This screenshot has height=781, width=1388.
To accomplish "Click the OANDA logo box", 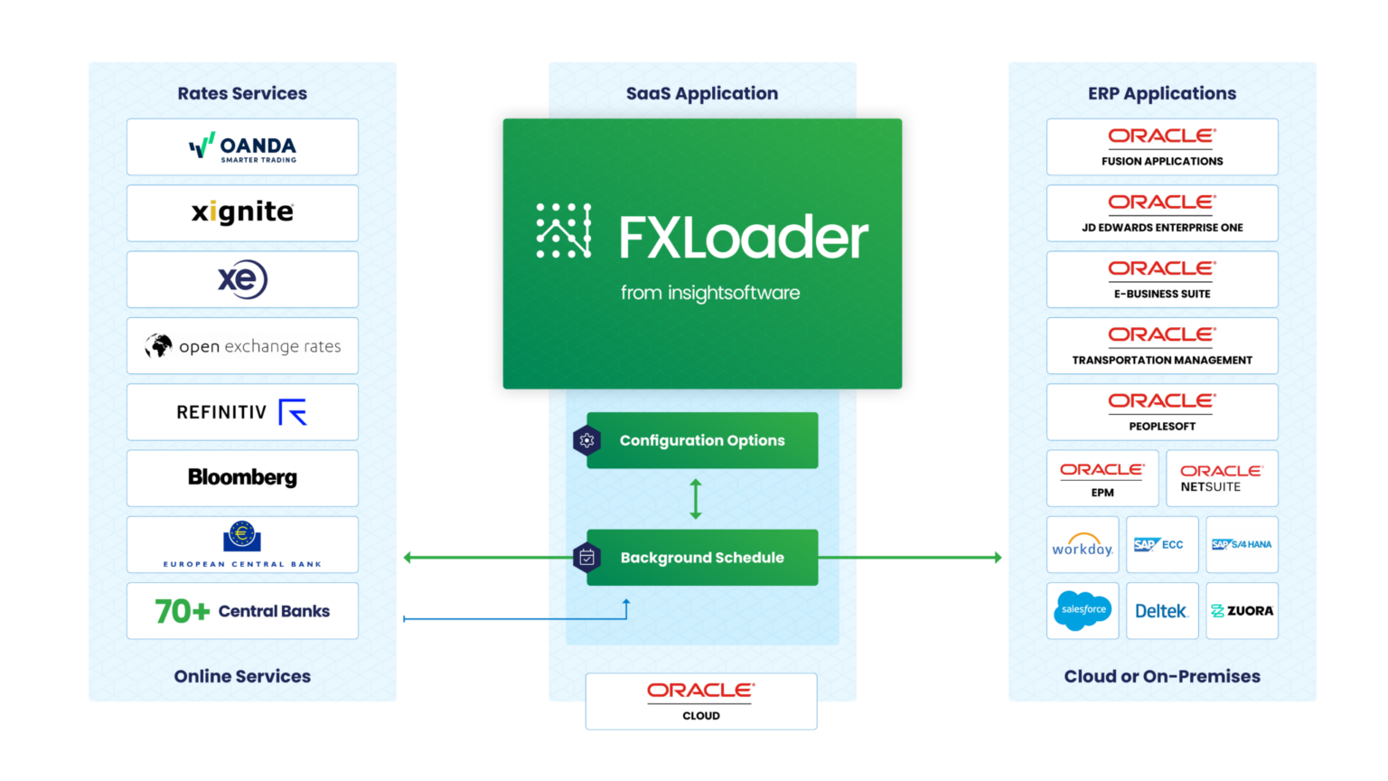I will point(242,146).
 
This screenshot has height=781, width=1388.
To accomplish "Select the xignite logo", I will point(242,212).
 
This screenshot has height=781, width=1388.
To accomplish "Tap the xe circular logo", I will point(242,279).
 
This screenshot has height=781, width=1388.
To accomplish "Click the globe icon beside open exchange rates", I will point(159,345).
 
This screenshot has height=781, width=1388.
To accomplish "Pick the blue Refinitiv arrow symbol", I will point(293,412).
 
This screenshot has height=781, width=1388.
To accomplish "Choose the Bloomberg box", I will point(242,477).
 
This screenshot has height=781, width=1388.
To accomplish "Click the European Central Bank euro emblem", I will point(242,536).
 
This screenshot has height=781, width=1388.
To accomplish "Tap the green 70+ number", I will point(182,611).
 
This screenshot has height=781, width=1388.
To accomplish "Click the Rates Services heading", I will point(242,93).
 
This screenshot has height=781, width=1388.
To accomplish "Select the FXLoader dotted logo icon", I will point(564,231).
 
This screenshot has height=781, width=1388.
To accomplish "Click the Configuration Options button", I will point(702,440).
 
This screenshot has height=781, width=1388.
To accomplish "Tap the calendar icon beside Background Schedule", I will point(586,558).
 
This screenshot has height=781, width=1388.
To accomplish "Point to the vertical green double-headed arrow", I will point(696,498).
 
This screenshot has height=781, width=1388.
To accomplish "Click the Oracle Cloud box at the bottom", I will point(701,701).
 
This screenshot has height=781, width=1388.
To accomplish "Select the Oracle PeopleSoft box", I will point(1162,411).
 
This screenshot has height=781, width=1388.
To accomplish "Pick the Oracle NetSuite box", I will point(1222,478).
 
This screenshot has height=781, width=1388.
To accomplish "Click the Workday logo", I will point(1083,545).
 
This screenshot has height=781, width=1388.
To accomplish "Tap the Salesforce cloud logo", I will point(1083,610).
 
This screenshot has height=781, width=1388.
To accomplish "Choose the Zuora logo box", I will point(1242,611).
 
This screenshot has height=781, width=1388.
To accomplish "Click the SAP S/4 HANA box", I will point(1242,544).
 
